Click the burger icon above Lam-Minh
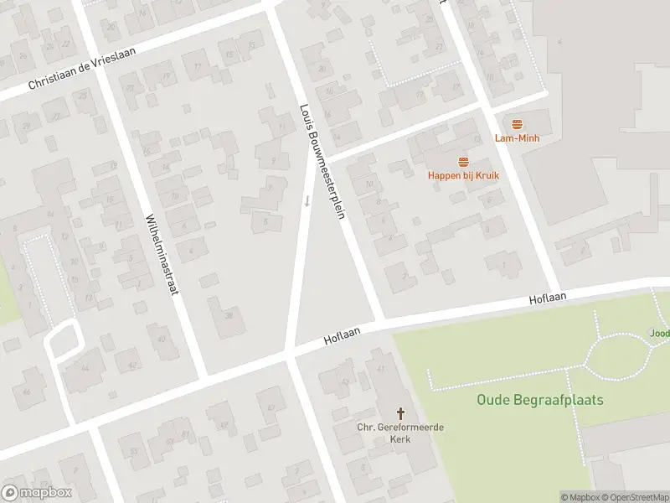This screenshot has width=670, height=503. coord(517,124)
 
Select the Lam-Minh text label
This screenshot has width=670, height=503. coord(517,137)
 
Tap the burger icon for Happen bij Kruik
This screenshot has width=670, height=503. coord(463,161)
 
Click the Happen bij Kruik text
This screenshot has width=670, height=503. coord(463,175)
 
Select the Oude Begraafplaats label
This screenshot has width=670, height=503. coord(539,400)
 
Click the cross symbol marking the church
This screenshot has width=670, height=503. coord(400,413)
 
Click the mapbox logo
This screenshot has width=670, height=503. coord(37,492)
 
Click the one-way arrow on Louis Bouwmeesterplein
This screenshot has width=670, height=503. coord(307,200)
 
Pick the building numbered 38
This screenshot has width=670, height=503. coord(229,316)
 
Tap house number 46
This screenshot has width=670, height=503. coord(27,392)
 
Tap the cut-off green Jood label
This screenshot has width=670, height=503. coord(659,333)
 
